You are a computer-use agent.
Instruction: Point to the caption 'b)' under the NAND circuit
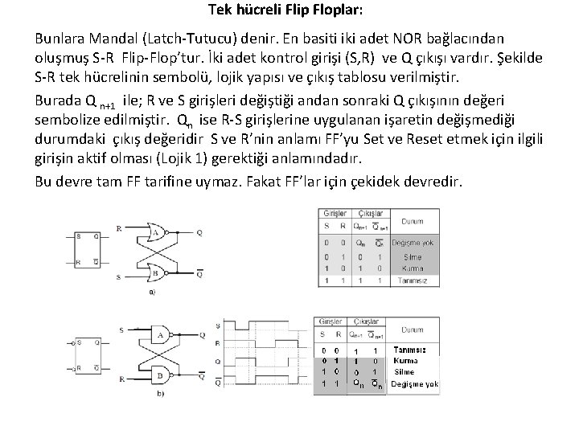pos(161,394)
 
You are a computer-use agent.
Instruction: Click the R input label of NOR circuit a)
pos(118,227)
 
